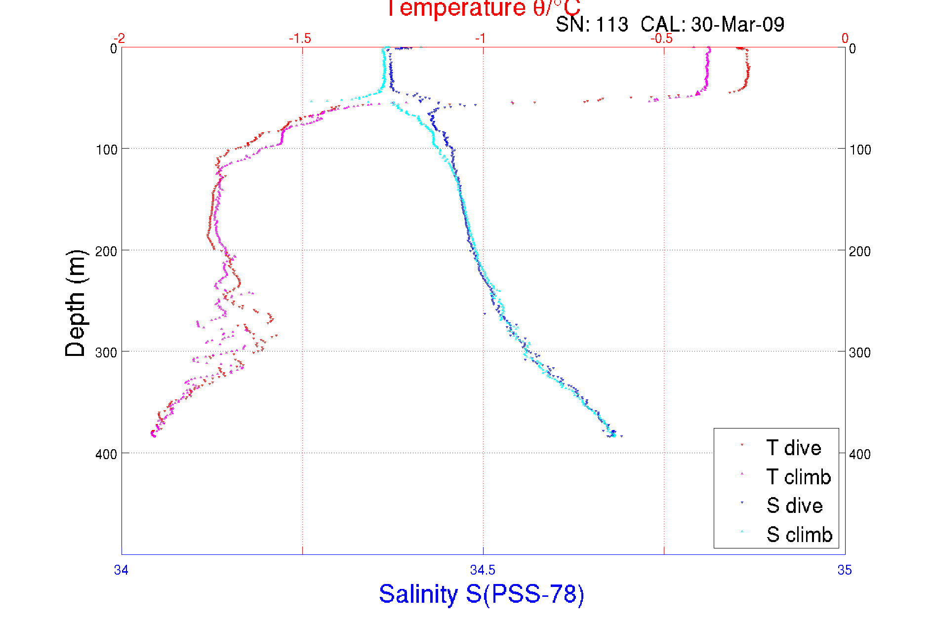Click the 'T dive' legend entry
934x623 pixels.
pos(793,448)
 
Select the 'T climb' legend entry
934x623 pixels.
pos(798,477)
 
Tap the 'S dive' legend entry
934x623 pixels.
pos(794,506)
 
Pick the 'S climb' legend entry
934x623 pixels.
pos(799,535)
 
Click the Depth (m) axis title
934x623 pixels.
pos(76,303)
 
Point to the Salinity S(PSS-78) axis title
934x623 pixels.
pos(482,593)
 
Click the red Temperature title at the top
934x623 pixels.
pos(483,8)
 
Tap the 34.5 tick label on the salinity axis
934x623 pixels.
pos(483,570)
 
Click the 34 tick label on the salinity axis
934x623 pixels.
pos(121,570)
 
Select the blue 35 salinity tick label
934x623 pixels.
pos(845,570)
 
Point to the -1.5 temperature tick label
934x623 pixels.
pos(300,39)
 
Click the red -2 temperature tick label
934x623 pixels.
pos(119,39)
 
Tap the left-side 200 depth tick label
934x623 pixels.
pos(106,251)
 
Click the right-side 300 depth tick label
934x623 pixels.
pos(860,352)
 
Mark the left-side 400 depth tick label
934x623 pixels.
pos(106,454)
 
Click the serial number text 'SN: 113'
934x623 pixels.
pos(592,25)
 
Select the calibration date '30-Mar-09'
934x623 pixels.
pos(737,25)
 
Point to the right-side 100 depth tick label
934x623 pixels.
pos(860,150)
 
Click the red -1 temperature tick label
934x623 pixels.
pos(481,39)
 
